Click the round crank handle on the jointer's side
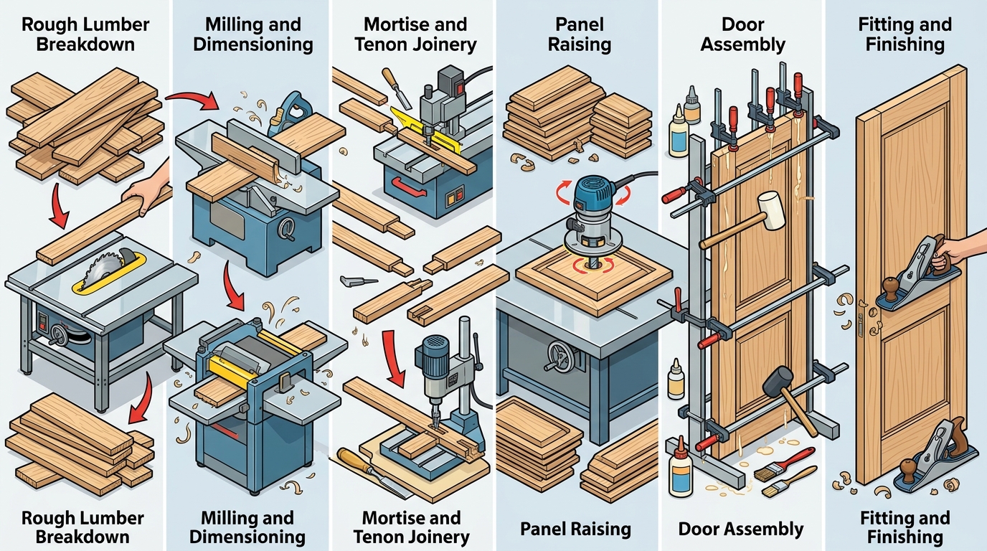290,230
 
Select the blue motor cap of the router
593,192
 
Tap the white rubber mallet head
771,210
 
